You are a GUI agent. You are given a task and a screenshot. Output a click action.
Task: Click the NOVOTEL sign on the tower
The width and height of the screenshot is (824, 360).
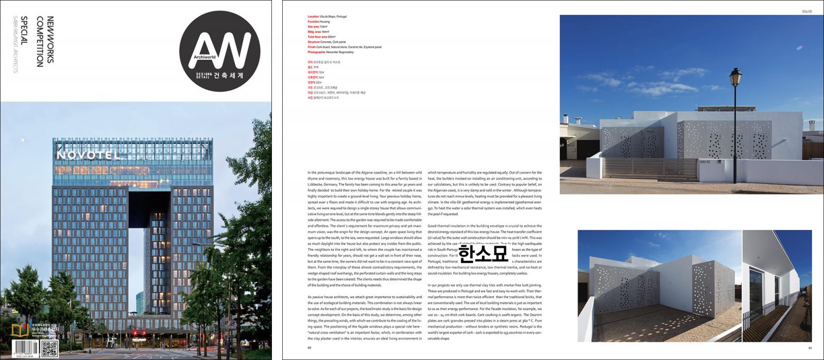coord(88,155)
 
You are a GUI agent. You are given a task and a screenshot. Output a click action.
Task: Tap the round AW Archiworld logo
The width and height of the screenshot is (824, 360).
coord(219,52)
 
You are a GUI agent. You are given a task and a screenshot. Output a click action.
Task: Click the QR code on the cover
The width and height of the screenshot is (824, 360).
coord(49,348)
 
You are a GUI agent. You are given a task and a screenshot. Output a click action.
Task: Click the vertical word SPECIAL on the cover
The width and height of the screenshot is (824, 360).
coord(24,31)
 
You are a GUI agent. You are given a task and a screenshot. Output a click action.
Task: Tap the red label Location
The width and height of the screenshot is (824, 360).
coord(313,16)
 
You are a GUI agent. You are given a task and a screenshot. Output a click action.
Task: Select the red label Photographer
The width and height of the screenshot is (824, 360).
coord(316,52)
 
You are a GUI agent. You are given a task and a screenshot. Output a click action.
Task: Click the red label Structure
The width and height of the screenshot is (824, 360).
coord(314,42)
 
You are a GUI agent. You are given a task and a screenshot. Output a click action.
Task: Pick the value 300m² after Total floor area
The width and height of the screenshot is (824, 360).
coord(332,37)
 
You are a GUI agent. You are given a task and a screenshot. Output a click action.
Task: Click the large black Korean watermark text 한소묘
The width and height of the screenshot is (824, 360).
coord(483,253)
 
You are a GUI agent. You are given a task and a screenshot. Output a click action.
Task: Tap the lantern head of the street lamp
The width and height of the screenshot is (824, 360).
coord(735,78)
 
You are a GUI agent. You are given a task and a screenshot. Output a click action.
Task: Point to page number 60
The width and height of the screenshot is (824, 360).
coord(310,347)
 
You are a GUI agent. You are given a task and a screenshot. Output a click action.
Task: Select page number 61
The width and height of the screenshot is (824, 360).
coord(810,347)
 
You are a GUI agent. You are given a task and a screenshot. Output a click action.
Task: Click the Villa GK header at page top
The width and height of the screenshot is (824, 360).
coord(806,11)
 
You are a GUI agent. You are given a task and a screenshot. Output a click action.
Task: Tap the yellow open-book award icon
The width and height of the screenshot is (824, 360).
coord(20,330)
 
